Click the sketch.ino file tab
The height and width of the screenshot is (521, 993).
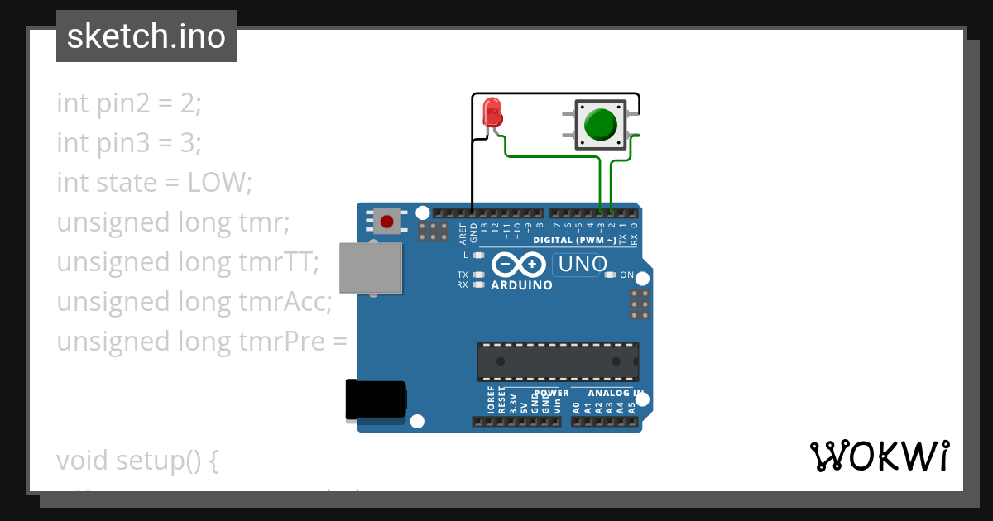coord(146,36)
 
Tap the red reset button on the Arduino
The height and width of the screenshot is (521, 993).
coord(386,221)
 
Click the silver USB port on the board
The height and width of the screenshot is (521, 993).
coord(371,268)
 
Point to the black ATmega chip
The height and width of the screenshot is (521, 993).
coord(557,361)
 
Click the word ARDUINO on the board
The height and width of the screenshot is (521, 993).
coord(521,285)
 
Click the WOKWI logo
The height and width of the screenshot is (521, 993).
coord(879,456)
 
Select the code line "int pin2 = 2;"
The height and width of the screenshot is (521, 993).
coord(129,103)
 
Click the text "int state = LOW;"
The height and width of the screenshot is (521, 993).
coord(154,182)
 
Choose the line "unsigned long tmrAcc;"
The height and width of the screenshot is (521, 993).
coord(194,302)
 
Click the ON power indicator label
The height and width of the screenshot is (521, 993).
coord(626,275)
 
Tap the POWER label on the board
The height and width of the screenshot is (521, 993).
coord(551,393)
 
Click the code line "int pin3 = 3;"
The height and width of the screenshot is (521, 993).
coord(129,143)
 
